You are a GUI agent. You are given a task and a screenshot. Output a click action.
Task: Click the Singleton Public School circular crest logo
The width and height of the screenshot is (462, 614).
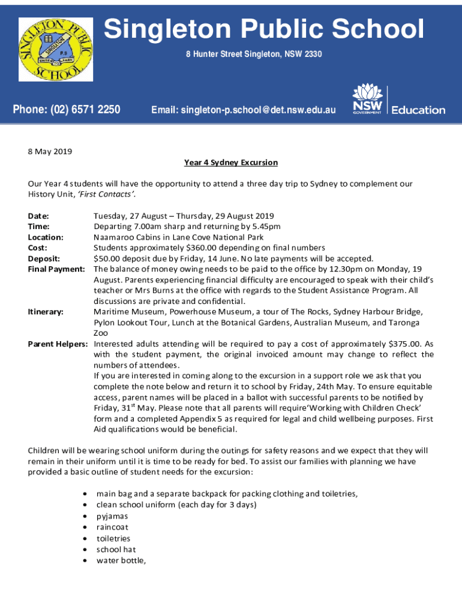[x=55, y=49]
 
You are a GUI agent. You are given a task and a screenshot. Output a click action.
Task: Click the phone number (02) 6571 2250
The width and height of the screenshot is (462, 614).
[x=67, y=109]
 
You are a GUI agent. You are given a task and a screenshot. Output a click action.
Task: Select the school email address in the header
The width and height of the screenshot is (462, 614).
[x=243, y=110]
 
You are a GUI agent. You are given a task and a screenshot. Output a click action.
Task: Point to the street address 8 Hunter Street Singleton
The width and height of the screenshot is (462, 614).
[x=253, y=55]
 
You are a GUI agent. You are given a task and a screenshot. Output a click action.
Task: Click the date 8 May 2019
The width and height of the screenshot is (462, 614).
[x=50, y=152]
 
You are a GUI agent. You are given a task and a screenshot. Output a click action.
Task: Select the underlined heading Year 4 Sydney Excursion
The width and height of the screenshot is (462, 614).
[x=231, y=162]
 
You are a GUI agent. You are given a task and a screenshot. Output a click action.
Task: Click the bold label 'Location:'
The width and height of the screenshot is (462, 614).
[x=46, y=237]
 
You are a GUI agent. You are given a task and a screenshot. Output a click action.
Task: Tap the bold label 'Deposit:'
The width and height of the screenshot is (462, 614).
[x=44, y=258]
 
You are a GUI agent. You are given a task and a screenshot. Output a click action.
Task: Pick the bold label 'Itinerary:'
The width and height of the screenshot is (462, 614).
[x=47, y=312]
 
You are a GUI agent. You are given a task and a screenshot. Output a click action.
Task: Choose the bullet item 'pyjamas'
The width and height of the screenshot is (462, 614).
[x=112, y=516]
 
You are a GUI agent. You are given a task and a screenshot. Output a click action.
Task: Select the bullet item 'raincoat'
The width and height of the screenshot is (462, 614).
[x=113, y=527]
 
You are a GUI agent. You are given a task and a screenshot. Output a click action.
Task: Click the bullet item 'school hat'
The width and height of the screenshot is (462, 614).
[x=116, y=549]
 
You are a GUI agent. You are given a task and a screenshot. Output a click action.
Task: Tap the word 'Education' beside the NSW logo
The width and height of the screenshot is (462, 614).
[x=418, y=110]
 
